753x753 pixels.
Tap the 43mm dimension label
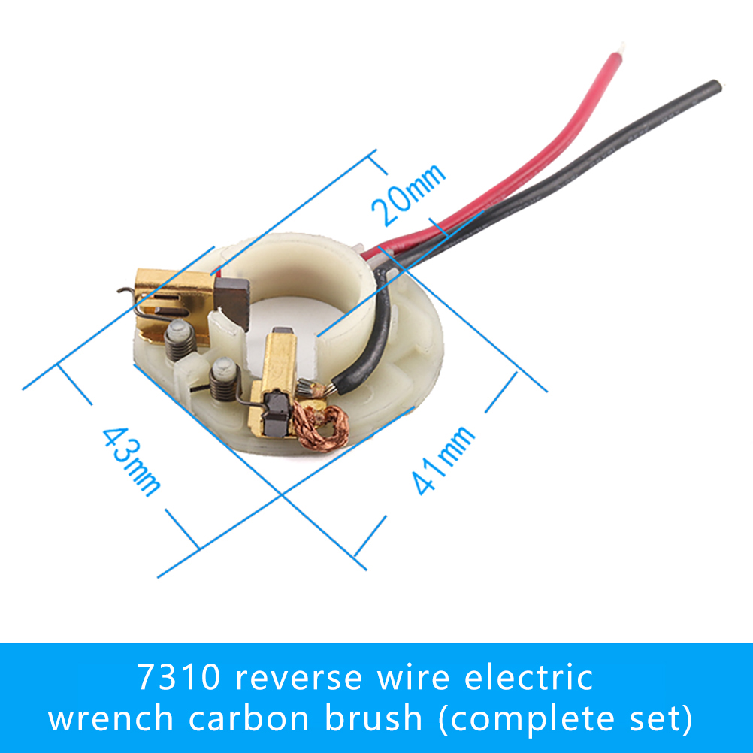pos(132,461)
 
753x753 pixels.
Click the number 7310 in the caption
pos(179,678)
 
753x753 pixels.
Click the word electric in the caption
pos(529,678)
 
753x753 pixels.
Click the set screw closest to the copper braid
pos(223,380)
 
